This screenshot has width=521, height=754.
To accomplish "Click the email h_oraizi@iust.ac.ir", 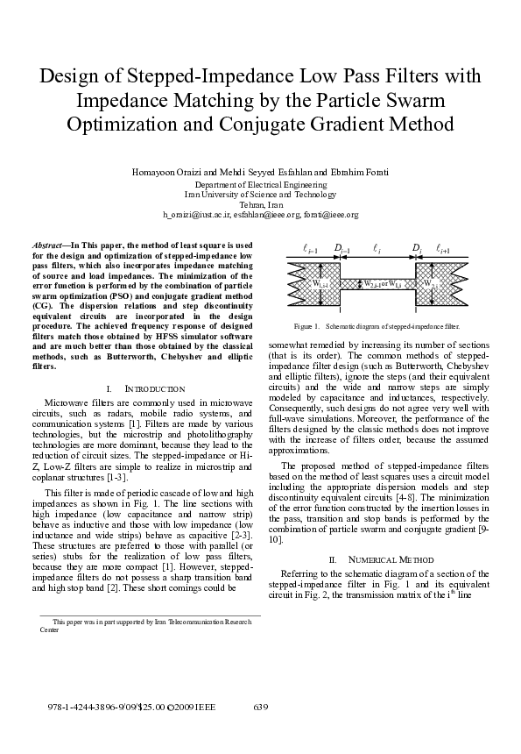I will [x=203, y=214].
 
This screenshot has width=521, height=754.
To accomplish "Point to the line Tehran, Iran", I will [x=260, y=203].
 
